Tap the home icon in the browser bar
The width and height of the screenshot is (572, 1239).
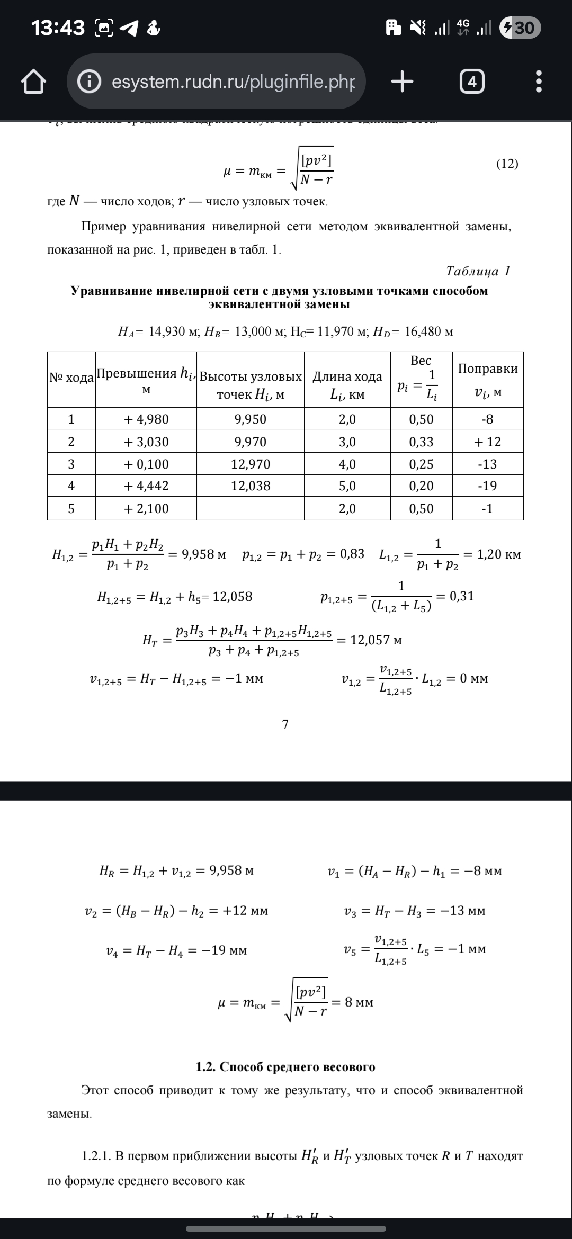[33, 82]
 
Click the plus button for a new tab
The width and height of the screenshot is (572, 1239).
[402, 82]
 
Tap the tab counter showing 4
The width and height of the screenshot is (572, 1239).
[472, 82]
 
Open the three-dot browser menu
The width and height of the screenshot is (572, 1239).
[539, 82]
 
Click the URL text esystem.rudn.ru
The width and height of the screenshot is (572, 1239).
[233, 82]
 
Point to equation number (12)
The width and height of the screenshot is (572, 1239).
[507, 164]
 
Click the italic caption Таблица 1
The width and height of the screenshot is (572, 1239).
[478, 271]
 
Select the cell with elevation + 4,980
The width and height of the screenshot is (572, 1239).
[146, 419]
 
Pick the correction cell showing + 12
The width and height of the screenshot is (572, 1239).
[487, 442]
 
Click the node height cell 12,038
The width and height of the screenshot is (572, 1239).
[251, 486]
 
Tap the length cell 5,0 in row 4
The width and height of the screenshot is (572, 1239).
[347, 486]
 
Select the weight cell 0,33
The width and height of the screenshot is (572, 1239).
[421, 442]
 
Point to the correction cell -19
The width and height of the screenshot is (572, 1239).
[487, 486]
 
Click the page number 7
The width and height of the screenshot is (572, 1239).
[285, 724]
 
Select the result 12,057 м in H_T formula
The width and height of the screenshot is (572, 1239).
[376, 640]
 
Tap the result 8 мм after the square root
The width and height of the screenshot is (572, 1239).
[359, 1002]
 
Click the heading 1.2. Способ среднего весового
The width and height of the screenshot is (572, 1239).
[285, 1067]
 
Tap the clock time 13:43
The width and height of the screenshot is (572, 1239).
[58, 28]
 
